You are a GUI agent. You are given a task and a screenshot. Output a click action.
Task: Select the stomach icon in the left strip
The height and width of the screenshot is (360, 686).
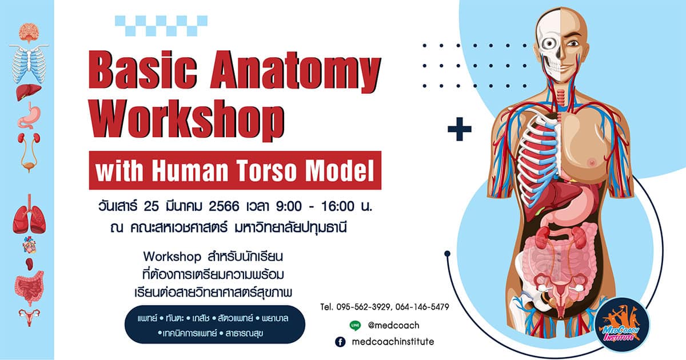[27, 117]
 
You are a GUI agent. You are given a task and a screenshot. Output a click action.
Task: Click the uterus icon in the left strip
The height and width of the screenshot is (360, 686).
[27, 314]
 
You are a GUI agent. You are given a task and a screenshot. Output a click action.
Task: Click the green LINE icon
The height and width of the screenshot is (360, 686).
[355, 325]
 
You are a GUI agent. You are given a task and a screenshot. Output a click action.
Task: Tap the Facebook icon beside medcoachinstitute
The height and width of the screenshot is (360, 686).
[340, 342]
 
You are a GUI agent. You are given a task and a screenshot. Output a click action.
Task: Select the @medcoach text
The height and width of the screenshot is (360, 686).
[394, 325]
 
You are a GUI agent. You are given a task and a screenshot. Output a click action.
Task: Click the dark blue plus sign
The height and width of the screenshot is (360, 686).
[460, 130]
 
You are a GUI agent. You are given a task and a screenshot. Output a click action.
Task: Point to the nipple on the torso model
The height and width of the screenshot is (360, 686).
[593, 162]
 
